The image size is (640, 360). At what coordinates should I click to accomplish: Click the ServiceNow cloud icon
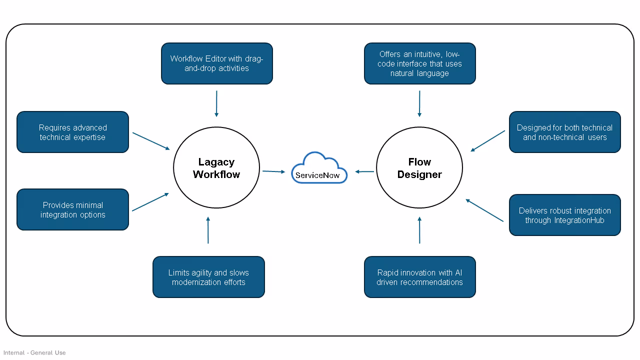tap(319, 168)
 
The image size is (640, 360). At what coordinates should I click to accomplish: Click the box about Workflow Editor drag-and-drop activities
tap(216, 63)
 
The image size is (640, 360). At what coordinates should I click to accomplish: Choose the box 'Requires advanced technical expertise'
tap(72, 132)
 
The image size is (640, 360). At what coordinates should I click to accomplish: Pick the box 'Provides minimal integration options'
tap(72, 209)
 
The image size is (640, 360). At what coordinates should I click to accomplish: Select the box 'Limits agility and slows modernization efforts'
tap(208, 277)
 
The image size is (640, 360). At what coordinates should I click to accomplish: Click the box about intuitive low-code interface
tap(419, 63)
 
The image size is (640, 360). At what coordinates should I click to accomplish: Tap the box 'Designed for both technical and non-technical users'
tap(564, 132)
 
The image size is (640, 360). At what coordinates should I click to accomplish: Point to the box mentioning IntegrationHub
tap(564, 215)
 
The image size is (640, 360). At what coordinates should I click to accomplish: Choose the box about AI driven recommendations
tap(419, 277)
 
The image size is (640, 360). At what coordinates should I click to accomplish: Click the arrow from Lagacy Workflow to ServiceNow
tap(273, 171)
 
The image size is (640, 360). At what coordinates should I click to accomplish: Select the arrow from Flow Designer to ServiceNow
tap(364, 171)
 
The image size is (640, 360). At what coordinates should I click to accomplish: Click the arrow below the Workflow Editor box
tap(216, 103)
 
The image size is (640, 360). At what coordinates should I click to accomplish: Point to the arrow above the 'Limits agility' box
tap(208, 230)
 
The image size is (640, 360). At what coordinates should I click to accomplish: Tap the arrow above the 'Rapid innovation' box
tap(419, 230)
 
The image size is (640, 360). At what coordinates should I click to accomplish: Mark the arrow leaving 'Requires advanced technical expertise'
tap(151, 141)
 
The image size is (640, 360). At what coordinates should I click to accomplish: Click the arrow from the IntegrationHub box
tap(484, 210)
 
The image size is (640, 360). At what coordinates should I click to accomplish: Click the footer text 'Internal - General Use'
tap(34, 352)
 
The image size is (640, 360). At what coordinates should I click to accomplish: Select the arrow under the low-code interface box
tap(419, 103)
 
